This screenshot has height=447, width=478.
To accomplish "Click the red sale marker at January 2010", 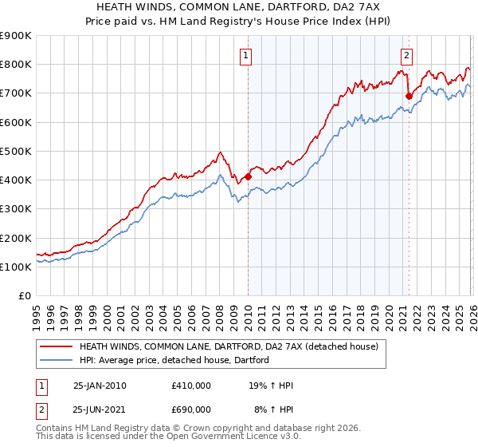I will coord(247,177).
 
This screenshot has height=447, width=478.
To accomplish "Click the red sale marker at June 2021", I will coord(409,96).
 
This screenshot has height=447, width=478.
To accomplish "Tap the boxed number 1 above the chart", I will coord(247,56).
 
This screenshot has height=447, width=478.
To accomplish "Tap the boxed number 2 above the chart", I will coord(407,56).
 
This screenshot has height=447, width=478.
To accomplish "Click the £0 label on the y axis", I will coord(25,296).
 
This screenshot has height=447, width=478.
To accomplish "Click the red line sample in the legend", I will coord(57,347).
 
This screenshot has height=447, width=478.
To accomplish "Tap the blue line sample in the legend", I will coord(57,360).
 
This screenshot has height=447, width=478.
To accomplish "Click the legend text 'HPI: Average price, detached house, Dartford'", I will coord(174,360).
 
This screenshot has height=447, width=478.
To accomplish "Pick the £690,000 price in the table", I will coord(191,409).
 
